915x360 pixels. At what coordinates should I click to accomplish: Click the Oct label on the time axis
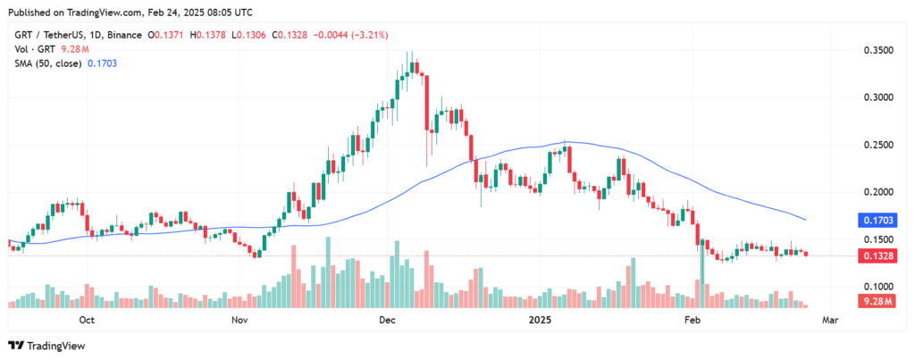pyautogui.click(x=88, y=319)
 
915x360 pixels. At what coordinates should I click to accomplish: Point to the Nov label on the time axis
pyautogui.click(x=239, y=319)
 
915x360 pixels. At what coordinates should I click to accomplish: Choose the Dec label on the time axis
pyautogui.click(x=387, y=319)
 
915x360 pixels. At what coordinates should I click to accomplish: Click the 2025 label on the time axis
pyautogui.click(x=540, y=319)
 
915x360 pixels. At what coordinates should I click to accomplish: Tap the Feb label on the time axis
pyautogui.click(x=692, y=319)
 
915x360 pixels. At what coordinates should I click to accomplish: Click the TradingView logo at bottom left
pyautogui.click(x=45, y=346)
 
